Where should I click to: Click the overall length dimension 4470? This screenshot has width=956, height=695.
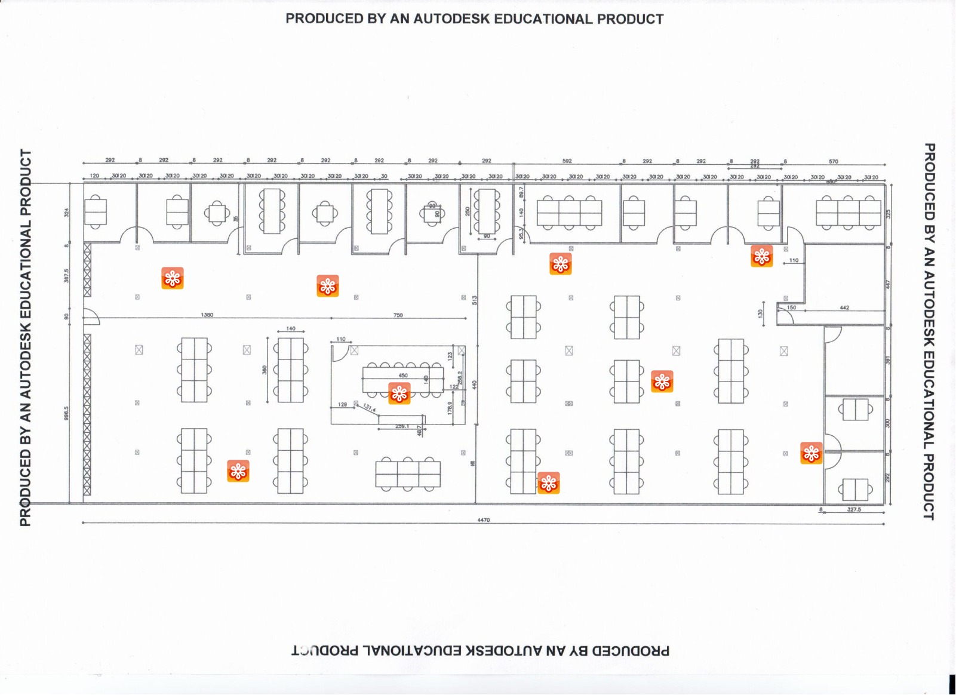point(483,520)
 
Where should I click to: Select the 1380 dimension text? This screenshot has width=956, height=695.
point(207,315)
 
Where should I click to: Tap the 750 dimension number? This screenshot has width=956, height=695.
point(398,315)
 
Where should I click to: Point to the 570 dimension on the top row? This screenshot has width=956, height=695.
point(834,161)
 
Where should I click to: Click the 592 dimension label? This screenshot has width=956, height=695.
point(567,161)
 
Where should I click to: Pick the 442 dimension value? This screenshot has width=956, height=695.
point(844,308)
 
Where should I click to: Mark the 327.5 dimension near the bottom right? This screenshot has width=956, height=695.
point(854,509)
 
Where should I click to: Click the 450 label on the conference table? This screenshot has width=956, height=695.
point(403,376)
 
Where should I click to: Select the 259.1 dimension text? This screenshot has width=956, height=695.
point(402,426)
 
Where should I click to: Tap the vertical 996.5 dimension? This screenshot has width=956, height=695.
point(67,413)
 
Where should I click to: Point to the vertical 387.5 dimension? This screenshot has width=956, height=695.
point(67,275)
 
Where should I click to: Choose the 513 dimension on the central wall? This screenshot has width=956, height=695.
point(475,300)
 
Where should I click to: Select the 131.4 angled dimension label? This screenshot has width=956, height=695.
point(370,408)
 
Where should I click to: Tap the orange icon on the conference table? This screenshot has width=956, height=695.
point(399,393)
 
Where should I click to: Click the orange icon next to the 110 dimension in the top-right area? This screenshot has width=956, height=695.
point(762,256)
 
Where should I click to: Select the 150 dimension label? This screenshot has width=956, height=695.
point(791,307)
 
